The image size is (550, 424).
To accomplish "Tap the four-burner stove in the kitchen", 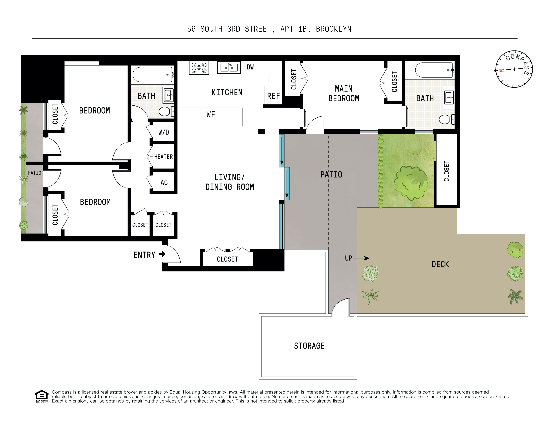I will [199, 68].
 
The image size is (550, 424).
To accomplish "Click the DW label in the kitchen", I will [250, 67].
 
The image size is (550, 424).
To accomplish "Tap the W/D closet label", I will [164, 132].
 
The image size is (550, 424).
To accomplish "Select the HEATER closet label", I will [163, 157].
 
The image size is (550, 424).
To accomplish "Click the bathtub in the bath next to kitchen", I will [152, 74].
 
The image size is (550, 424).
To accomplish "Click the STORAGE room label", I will [309, 346].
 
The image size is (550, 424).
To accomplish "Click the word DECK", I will [440, 264].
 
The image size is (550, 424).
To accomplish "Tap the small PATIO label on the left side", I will [35, 173].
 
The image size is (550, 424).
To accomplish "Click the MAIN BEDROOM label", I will [344, 93].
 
